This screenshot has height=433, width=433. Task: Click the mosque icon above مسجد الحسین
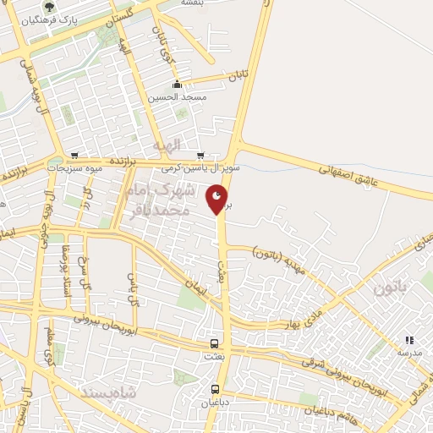pos(177,85)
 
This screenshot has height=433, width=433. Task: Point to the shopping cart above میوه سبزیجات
pos(75,156)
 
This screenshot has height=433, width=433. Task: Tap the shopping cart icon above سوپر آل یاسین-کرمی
pos(200,156)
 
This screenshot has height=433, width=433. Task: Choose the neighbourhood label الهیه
pos(167,145)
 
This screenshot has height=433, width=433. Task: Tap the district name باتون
pos(390,288)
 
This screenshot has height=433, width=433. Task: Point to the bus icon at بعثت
pos(214,344)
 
